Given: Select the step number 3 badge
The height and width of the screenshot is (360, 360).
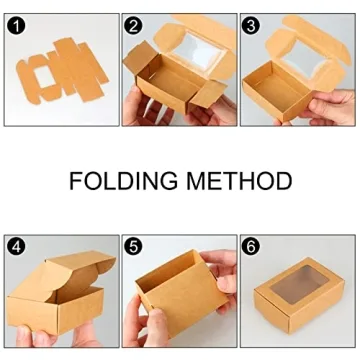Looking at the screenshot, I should [252, 25].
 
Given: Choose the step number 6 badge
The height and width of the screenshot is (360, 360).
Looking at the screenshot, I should [252, 246].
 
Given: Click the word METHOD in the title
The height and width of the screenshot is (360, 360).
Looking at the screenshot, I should [242, 181].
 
